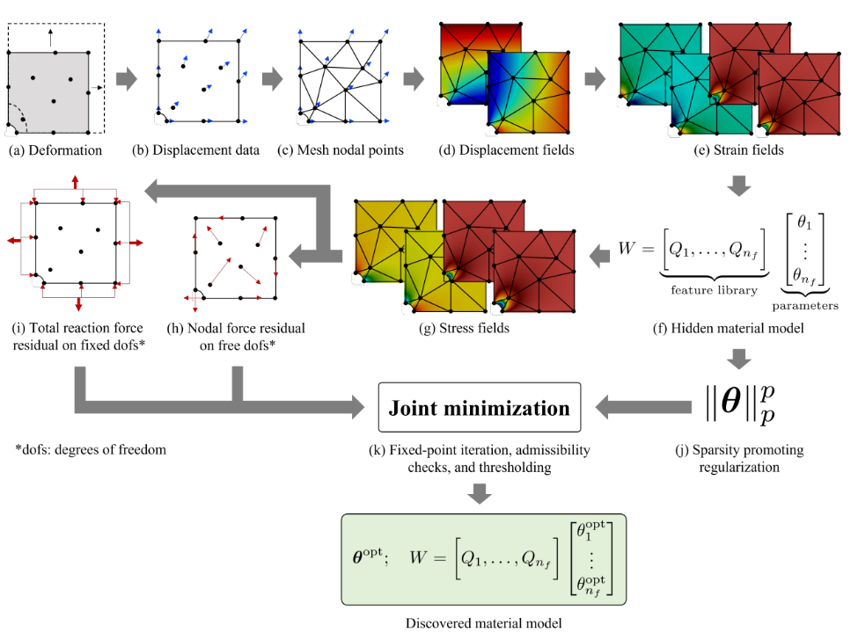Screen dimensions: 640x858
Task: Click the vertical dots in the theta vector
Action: tap(590, 559)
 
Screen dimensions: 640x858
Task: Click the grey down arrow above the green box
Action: tap(479, 493)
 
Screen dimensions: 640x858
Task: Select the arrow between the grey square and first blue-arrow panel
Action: tap(127, 79)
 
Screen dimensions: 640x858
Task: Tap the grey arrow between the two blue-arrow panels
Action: tap(272, 79)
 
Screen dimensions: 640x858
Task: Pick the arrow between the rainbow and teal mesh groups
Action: tap(595, 79)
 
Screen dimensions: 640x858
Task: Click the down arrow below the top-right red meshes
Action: tap(738, 185)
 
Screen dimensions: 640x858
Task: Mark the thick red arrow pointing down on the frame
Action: tap(78, 304)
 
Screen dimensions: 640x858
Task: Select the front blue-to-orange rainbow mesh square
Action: tap(528, 93)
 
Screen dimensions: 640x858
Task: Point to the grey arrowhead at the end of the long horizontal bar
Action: tap(358, 407)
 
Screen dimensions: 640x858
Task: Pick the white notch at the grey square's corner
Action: tap(11, 132)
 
